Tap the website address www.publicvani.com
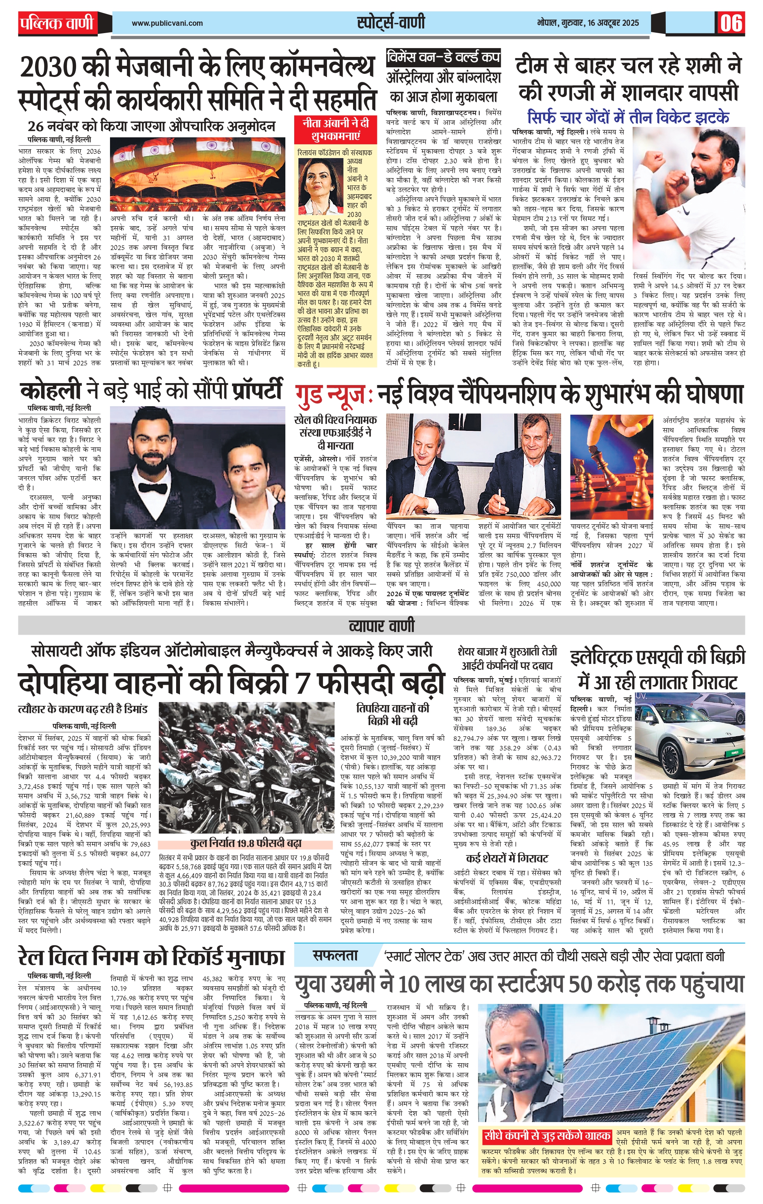pyautogui.click(x=167, y=23)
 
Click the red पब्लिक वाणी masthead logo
pyautogui.click(x=57, y=23)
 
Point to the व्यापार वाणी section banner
pyautogui.click(x=381, y=625)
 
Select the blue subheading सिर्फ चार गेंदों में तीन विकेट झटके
pyautogui.click(x=628, y=117)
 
